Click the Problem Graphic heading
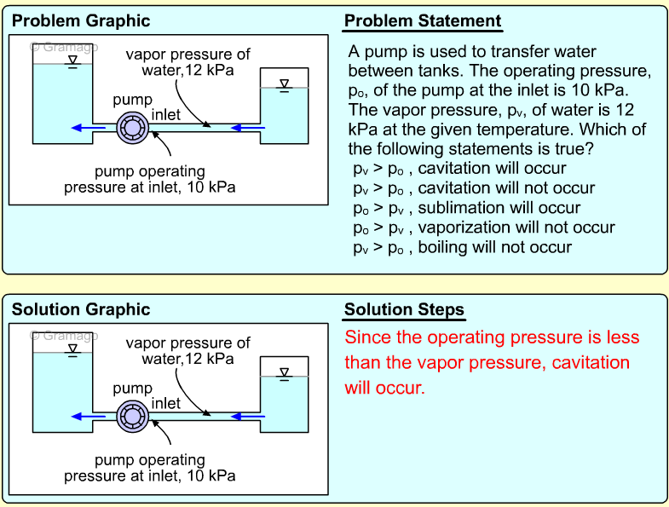coord(81,21)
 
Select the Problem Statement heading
coord(423,21)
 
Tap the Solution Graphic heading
coord(81,309)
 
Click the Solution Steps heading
coord(404,309)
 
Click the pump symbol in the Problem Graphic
coord(133,128)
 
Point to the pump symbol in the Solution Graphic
coord(133,416)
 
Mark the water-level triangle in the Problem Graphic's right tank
coord(285,84)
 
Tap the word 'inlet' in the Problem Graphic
coord(166,115)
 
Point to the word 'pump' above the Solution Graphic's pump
coord(133,389)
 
